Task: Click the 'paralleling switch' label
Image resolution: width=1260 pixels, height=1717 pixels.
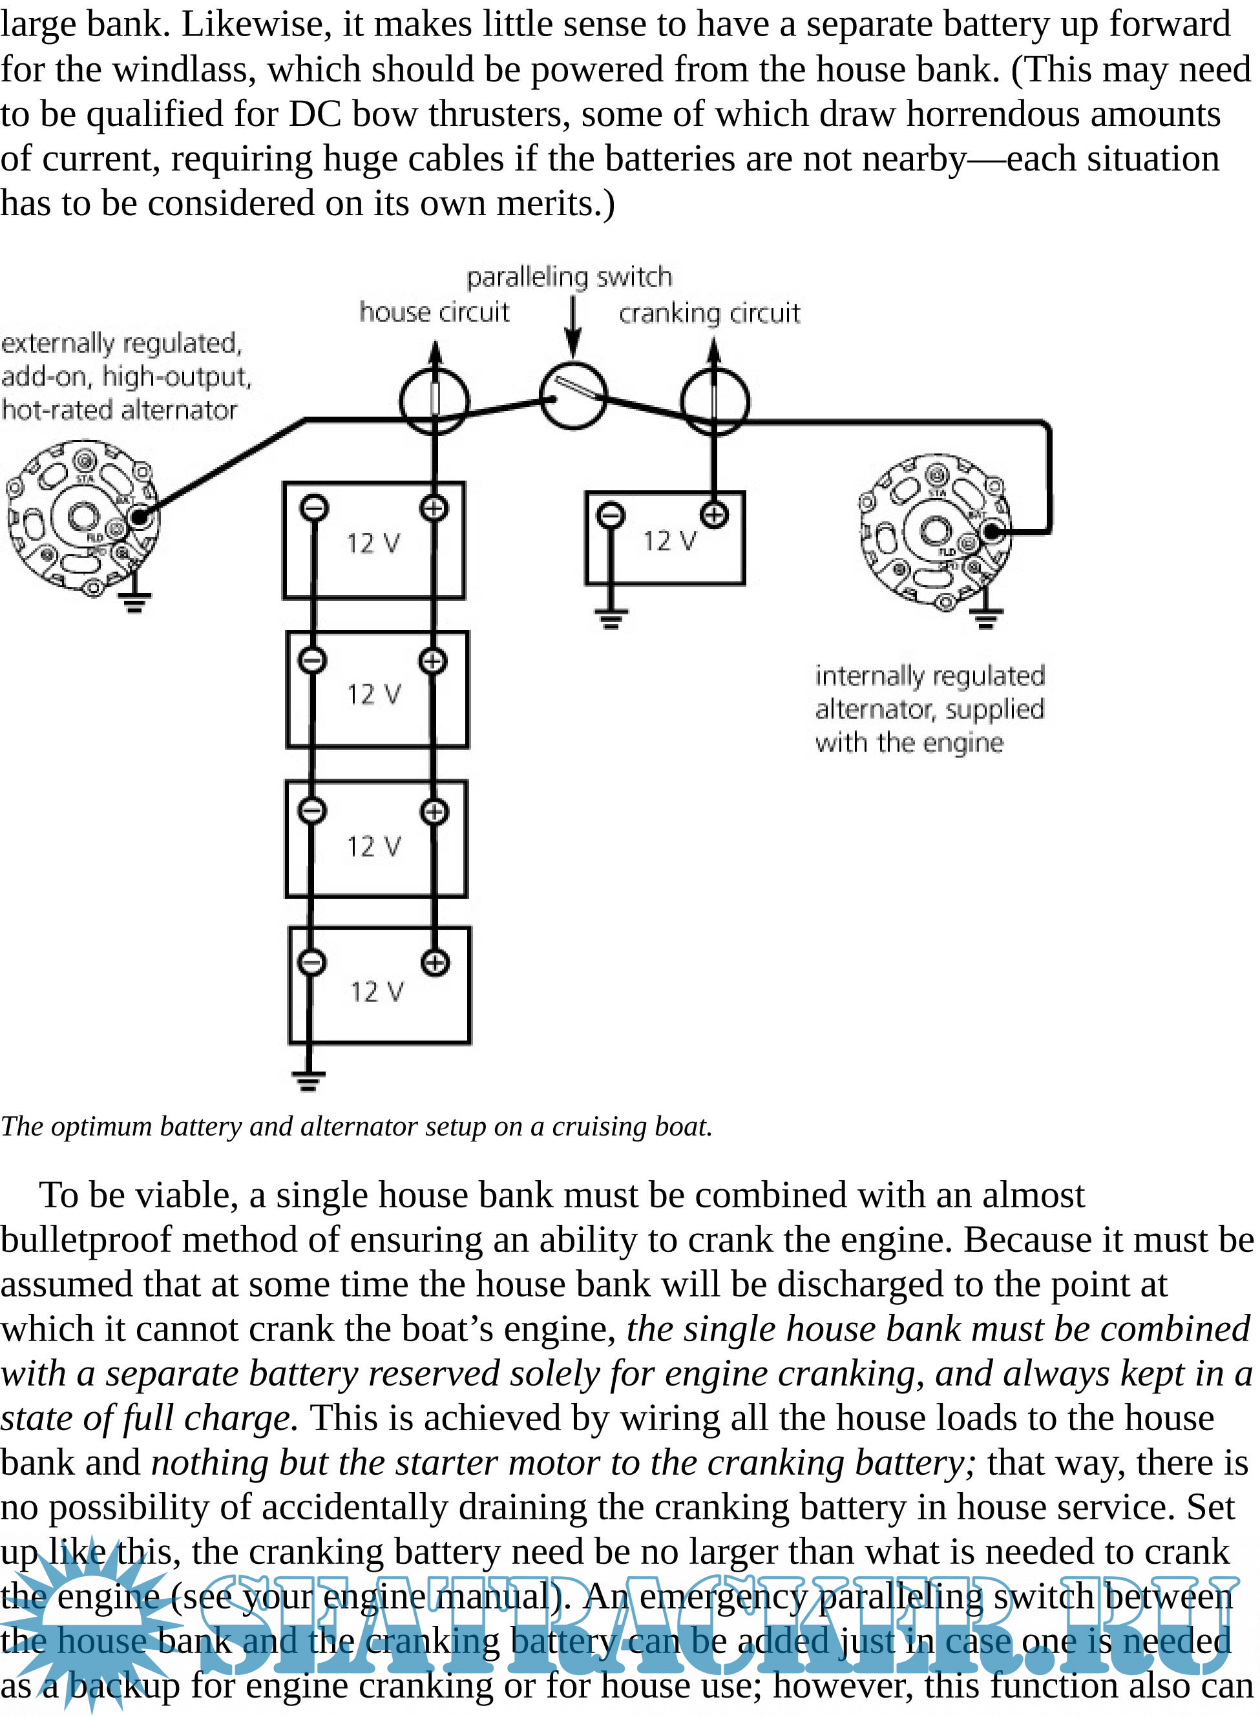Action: [569, 276]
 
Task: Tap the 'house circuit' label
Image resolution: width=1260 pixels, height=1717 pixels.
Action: [434, 312]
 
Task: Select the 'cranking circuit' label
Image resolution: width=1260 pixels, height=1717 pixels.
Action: [709, 313]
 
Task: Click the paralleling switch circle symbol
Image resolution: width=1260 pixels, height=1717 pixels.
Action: [572, 396]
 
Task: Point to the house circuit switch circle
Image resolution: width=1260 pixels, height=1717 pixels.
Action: [435, 401]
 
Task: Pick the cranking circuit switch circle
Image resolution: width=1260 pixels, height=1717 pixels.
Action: [715, 401]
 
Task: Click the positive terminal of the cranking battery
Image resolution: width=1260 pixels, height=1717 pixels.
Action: [714, 515]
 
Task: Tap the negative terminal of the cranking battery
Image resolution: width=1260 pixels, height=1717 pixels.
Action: [610, 516]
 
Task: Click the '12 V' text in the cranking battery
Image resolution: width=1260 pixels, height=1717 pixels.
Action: [669, 541]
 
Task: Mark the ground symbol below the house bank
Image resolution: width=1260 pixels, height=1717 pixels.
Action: [308, 1080]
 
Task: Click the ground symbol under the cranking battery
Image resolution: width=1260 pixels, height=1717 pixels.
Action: [610, 618]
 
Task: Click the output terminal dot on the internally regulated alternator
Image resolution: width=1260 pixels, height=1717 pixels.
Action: [992, 532]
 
